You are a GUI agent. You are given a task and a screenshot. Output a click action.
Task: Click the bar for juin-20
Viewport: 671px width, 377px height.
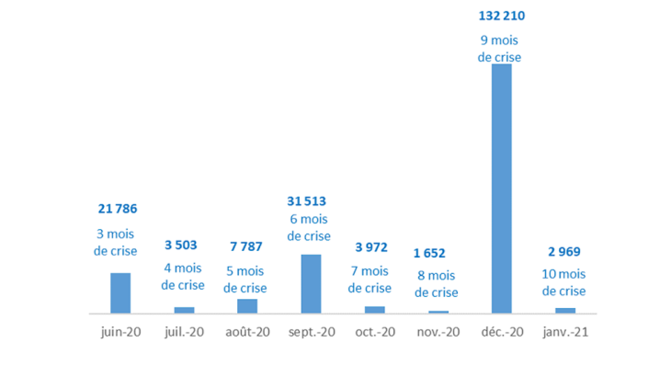tap(120, 293)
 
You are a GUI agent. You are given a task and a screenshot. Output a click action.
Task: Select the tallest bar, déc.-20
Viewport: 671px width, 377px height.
tap(501, 188)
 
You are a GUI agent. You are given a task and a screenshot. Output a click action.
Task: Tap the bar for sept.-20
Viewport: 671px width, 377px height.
tap(311, 284)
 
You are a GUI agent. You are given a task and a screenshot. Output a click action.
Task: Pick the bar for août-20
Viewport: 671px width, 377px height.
tap(247, 306)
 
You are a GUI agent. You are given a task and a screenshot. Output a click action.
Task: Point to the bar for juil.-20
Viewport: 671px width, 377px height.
tap(184, 310)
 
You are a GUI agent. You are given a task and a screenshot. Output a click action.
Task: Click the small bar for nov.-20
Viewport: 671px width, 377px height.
tap(438, 312)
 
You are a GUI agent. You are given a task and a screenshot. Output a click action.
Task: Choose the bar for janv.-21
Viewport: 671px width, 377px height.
tap(564, 310)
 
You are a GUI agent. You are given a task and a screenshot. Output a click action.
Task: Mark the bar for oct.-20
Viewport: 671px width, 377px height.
tap(374, 310)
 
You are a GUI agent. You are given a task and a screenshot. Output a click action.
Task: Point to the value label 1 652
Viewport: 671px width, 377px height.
tap(436, 253)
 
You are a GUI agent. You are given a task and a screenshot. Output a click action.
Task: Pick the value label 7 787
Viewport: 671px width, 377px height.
tap(245, 247)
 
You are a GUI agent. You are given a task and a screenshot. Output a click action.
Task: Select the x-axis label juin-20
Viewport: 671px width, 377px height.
tap(120, 332)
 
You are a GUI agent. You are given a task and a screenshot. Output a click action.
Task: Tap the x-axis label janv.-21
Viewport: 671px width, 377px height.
tap(564, 332)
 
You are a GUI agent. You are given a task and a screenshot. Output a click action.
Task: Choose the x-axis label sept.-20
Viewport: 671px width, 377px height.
tap(311, 332)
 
